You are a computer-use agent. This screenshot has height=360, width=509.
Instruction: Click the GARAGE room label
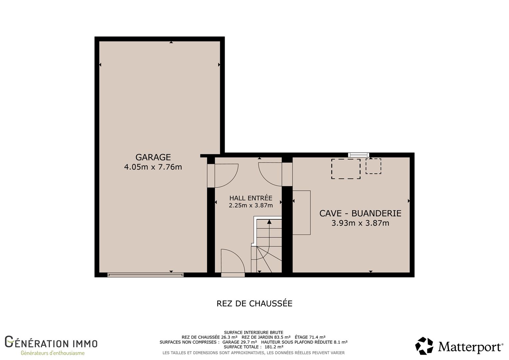153,157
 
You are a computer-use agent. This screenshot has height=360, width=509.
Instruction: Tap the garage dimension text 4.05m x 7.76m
153,167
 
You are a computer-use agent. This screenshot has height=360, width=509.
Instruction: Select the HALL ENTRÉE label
251,198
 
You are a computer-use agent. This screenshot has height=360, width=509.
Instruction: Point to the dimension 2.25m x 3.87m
251,205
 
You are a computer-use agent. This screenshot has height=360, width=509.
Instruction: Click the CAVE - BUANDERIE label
360,213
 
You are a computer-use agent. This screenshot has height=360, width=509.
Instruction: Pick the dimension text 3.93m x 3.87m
360,223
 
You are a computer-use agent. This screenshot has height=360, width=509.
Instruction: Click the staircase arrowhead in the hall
269,222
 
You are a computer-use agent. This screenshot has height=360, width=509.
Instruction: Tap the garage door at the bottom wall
146,275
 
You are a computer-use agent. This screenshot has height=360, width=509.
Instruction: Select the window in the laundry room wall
358,155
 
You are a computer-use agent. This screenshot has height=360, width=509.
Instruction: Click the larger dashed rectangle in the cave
346,169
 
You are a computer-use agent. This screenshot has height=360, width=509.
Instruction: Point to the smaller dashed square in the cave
373,166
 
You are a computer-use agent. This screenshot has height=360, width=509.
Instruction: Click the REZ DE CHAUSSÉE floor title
254,303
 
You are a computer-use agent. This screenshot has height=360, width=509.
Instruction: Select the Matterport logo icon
424,346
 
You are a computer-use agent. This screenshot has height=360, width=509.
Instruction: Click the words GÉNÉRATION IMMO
51,342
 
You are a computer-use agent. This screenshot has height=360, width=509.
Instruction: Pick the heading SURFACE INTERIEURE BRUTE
254,332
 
